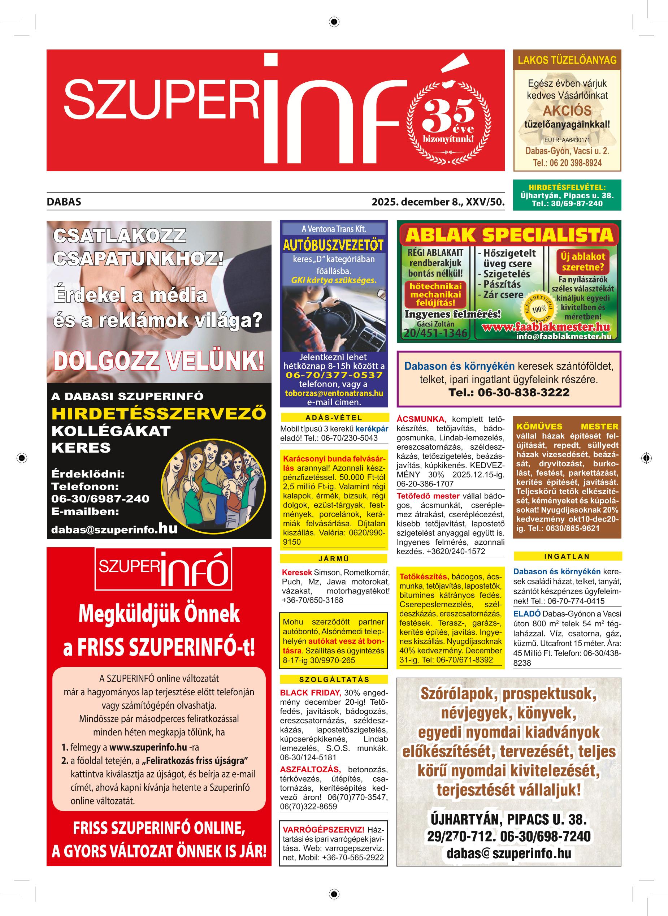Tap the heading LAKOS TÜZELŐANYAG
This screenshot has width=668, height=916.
[x=567, y=60]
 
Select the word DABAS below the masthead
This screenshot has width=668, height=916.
[x=64, y=202]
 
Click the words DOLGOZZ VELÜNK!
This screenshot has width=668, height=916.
[x=159, y=361]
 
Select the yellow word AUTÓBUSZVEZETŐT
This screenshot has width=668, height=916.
[x=333, y=245]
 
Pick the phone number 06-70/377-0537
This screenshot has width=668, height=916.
[x=334, y=375]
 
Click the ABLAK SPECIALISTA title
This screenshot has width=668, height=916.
[x=509, y=235]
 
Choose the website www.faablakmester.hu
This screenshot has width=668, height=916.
[x=546, y=327]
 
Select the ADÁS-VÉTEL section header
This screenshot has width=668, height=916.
[x=334, y=418]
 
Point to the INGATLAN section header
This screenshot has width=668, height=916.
[x=567, y=557]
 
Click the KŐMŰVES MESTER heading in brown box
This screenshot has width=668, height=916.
[x=567, y=426]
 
